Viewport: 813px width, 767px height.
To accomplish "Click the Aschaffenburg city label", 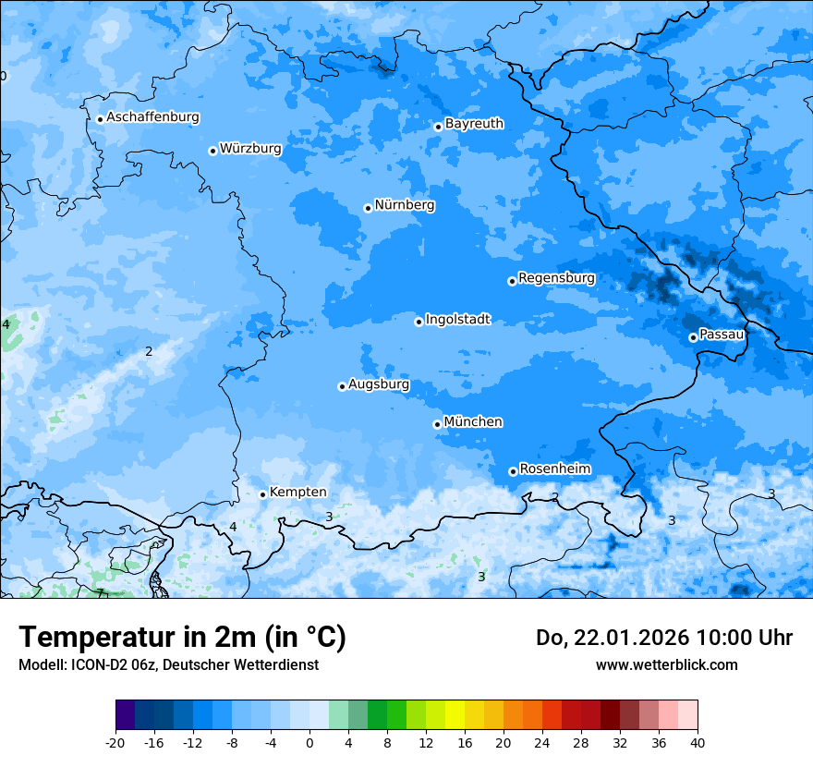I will (152, 117).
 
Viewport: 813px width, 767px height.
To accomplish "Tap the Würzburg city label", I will (250, 149).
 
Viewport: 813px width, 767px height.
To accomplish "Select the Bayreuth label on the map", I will (474, 124).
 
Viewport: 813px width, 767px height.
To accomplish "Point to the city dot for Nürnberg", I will (368, 208).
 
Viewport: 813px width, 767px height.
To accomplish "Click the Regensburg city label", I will (556, 278).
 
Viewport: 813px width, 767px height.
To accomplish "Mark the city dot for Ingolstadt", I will (419, 322).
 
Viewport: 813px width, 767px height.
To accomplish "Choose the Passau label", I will (722, 335).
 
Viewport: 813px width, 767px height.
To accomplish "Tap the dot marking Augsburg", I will (342, 386).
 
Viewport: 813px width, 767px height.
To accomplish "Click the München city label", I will (473, 422).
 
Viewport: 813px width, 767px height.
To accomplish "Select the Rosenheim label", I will (554, 469).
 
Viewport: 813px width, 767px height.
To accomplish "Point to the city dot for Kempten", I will (262, 494).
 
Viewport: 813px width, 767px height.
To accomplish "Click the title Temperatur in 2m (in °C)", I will (182, 637).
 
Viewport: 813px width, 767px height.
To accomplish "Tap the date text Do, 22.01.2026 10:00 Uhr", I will (663, 638).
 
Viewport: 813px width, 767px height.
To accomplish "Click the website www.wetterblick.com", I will (666, 664).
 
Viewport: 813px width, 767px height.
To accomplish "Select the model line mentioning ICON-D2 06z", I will (168, 665).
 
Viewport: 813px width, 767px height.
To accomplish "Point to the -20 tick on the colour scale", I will (115, 742).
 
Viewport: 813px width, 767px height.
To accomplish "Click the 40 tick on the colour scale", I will (697, 742).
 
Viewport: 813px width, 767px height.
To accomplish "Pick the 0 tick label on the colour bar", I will (309, 742).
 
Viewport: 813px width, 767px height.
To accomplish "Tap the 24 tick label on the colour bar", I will (542, 742).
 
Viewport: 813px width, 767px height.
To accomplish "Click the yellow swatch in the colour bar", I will (455, 715).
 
